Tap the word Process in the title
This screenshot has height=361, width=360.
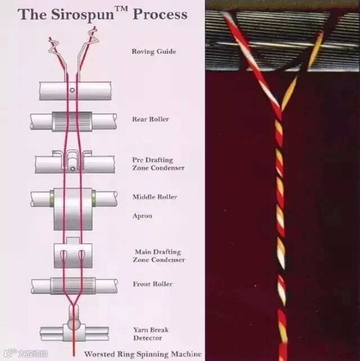[x=160, y=14]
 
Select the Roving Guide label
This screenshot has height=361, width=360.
[x=154, y=52]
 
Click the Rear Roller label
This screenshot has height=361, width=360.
[x=150, y=119]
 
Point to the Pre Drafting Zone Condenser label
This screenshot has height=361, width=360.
[x=158, y=163]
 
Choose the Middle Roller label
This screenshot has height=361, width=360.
[x=155, y=197]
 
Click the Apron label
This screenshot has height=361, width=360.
[x=142, y=216]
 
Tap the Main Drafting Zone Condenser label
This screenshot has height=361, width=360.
[x=159, y=256]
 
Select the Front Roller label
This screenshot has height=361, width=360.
[x=152, y=284]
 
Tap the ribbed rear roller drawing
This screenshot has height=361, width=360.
[x=73, y=121]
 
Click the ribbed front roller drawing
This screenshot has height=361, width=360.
[x=73, y=286]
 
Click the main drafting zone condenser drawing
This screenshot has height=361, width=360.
[x=73, y=255]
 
